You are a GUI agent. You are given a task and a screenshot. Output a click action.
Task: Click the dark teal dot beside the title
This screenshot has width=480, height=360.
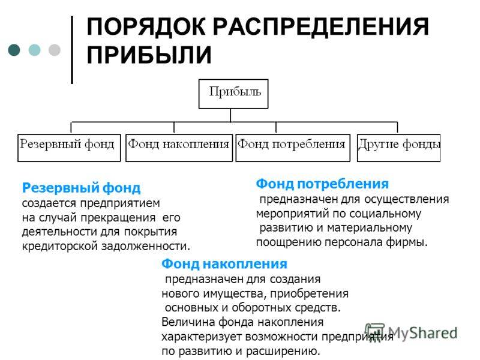click(14, 50)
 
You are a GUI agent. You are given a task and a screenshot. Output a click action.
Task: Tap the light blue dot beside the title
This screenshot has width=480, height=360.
click(34, 50)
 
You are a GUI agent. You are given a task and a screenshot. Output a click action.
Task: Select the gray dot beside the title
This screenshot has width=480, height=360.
click(55, 50)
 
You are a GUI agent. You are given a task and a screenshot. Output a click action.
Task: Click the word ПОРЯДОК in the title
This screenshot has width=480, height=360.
click(146, 26)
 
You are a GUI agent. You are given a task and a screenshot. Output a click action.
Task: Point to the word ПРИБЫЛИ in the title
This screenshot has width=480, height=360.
click(149, 55)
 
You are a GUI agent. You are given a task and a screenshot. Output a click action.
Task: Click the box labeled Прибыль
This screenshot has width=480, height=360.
click(233, 94)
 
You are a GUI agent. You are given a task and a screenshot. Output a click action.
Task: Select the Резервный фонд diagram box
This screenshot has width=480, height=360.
click(69, 148)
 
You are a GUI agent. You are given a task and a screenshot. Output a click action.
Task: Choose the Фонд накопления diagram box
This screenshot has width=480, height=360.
click(179, 148)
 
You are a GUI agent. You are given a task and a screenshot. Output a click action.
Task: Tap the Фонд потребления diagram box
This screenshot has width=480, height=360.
click(293, 148)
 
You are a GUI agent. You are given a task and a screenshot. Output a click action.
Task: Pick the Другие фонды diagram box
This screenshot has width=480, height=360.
click(398, 148)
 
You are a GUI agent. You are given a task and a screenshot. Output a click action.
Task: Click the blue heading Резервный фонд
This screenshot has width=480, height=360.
click(81, 188)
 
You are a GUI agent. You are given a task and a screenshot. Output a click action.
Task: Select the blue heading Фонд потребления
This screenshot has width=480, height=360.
click(322, 184)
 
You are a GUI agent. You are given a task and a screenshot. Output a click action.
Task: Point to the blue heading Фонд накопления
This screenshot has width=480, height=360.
click(224, 264)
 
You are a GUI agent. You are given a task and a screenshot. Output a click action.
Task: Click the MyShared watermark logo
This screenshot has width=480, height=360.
click(411, 332)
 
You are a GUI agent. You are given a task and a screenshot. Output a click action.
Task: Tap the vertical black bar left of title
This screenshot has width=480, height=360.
click(72, 50)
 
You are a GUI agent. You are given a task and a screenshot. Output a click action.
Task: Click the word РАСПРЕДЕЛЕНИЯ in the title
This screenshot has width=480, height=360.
click(320, 26)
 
